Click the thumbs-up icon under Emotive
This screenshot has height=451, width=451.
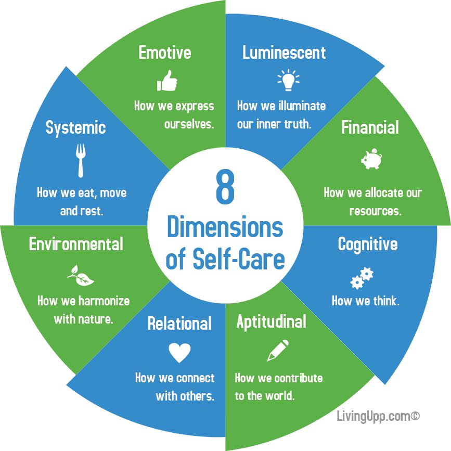pyautogui.click(x=166, y=81)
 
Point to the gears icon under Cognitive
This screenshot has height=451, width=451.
pyautogui.click(x=362, y=278)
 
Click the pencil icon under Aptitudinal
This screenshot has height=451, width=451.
pyautogui.click(x=277, y=350)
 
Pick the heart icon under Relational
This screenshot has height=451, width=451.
pyautogui.click(x=179, y=353)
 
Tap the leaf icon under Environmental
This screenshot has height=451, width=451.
pyautogui.click(x=81, y=276)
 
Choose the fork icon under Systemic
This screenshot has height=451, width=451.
pyautogui.click(x=81, y=160)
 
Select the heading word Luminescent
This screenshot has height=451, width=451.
pyautogui.click(x=284, y=53)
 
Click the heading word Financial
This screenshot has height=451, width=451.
pyautogui.click(x=370, y=127)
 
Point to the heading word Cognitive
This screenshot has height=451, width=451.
pyautogui.click(x=367, y=244)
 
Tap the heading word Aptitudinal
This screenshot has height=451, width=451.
pyautogui.click(x=271, y=322)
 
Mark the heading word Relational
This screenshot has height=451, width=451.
pyautogui.click(x=179, y=324)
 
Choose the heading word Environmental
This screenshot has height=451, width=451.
pyautogui.click(x=76, y=244)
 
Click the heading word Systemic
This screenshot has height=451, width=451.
pyautogui.click(x=75, y=127)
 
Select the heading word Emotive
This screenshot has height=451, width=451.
pyautogui.click(x=164, y=53)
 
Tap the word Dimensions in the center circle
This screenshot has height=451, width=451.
pyautogui.click(x=225, y=228)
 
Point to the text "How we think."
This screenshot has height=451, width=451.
pyautogui.click(x=365, y=301)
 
